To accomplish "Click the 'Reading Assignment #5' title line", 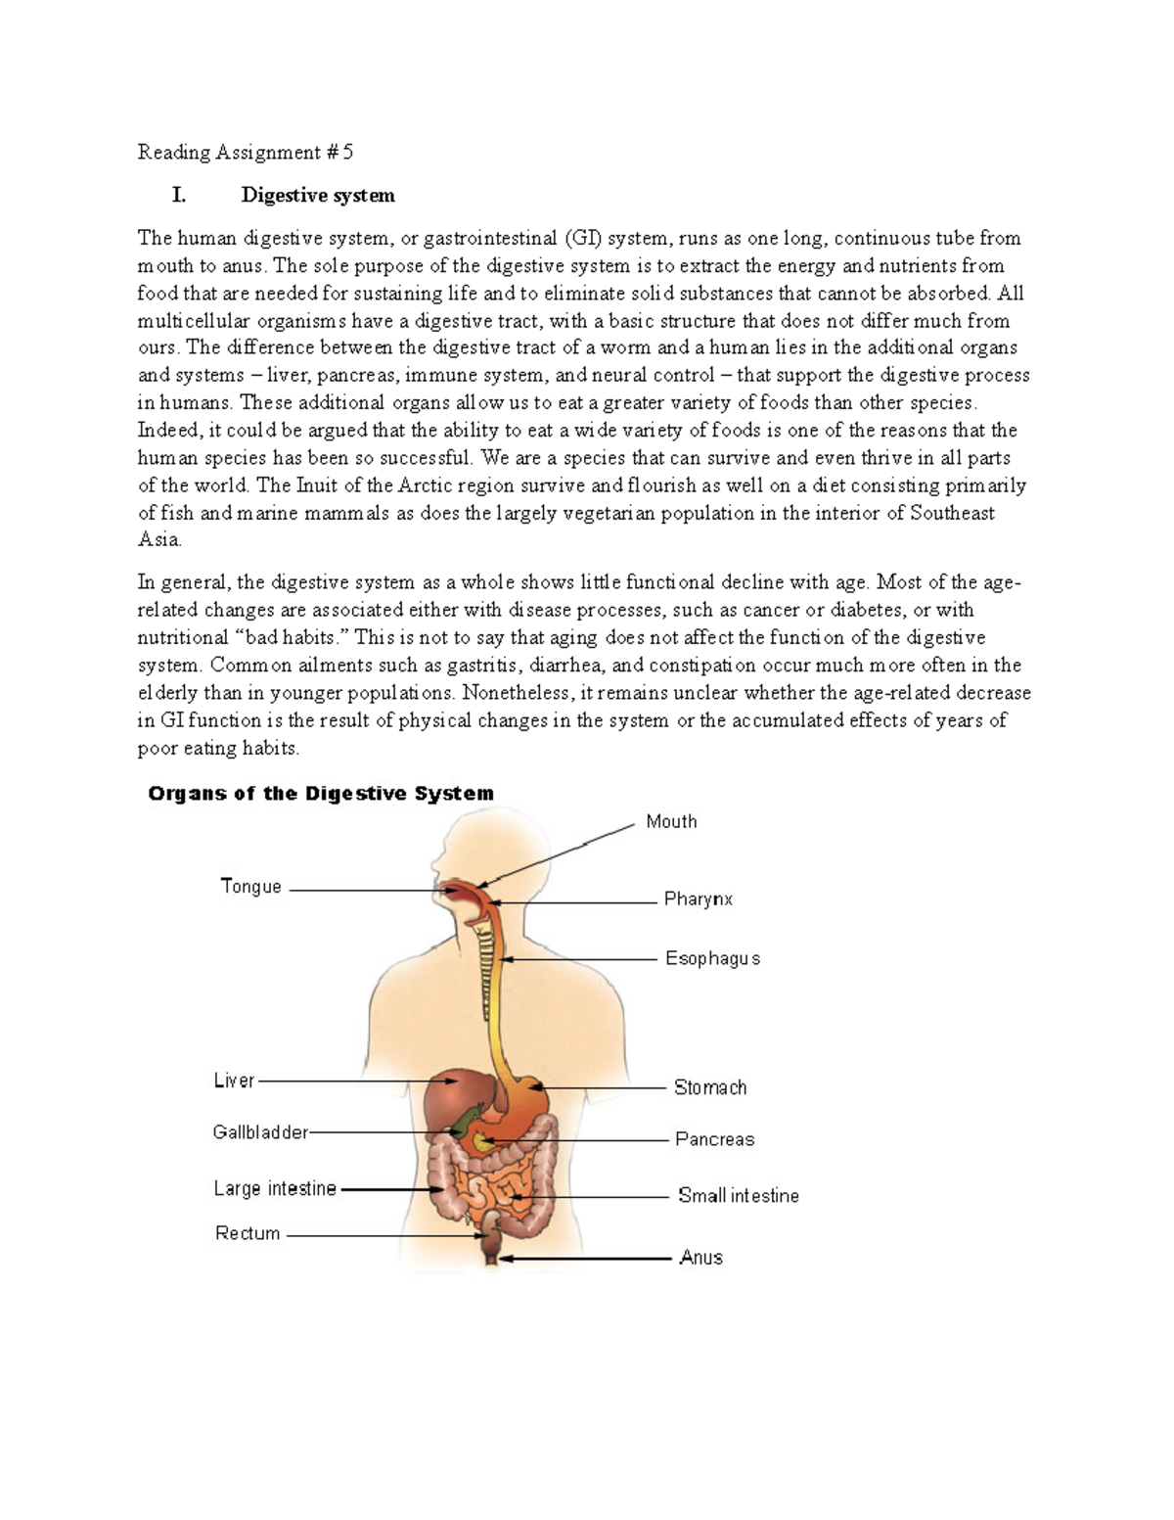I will pos(245,153).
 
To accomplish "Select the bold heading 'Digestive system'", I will pos(318,196).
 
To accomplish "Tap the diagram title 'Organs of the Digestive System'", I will pos(321,794).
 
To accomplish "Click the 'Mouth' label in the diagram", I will pos(671,822).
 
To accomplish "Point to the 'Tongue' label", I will pos(251,887).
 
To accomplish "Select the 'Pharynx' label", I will pos(698,899).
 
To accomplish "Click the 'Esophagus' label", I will pos(712,959).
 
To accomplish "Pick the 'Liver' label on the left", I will pos(234,1081).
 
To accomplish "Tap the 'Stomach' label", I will pos(710,1087).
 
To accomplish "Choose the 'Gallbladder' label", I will pos(260,1132).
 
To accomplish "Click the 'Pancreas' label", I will pos(714,1139).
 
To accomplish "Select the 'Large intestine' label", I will pos(275,1189).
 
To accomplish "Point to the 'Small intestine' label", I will pos(739,1196).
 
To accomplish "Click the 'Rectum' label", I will pos(248,1234).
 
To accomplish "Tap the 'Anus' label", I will pos(700,1258).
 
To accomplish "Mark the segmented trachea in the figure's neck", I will pos(485,969).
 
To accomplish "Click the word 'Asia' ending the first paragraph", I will pos(158,540).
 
